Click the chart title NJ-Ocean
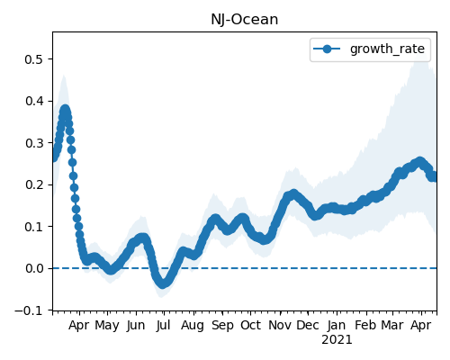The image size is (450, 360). pos(245,20)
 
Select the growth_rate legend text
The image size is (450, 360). pos(387,49)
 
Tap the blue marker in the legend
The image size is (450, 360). pos(327,49)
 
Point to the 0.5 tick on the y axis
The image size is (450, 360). pos(34,59)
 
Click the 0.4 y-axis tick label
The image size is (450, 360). pos(34,101)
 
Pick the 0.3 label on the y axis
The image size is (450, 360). pos(34,143)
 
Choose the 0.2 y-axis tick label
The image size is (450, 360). pos(34,184)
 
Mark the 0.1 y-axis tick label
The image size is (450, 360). pos(34,227)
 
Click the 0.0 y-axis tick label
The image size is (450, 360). pos(34,268)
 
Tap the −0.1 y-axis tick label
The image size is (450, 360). pos(29,310)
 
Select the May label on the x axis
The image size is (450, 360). pos(107,326)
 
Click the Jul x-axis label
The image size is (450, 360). pos(163,325)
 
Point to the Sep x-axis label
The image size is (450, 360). pos(222,326)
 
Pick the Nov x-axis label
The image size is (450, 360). pos(280,325)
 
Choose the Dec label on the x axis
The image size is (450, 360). pos(308,325)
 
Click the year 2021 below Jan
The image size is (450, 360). pos(337,340)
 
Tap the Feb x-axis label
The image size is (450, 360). pos(365,325)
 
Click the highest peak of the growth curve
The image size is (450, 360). pos(65,110)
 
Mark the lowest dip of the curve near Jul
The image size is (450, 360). pos(162,283)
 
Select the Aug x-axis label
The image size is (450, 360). pos(193,326)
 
